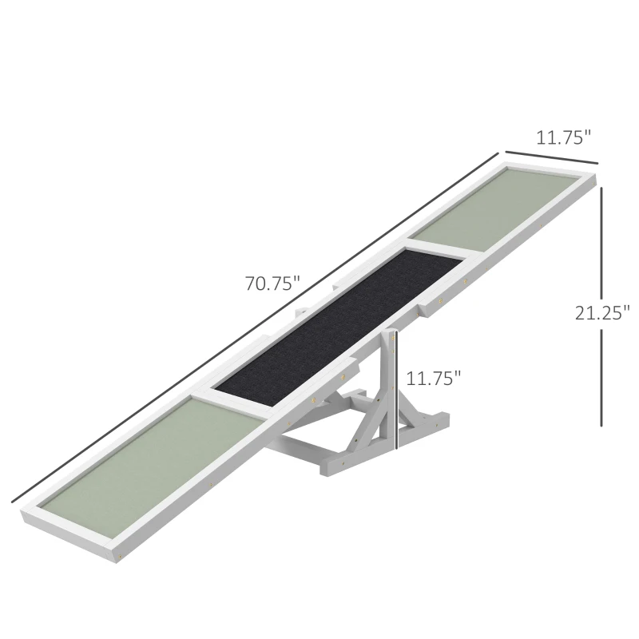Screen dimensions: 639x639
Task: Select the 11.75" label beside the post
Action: point(434,377)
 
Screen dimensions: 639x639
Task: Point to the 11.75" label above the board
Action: point(563,137)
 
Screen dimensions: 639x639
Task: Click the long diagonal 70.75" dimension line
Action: point(256,327)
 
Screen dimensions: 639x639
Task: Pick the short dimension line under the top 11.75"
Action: point(551,161)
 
